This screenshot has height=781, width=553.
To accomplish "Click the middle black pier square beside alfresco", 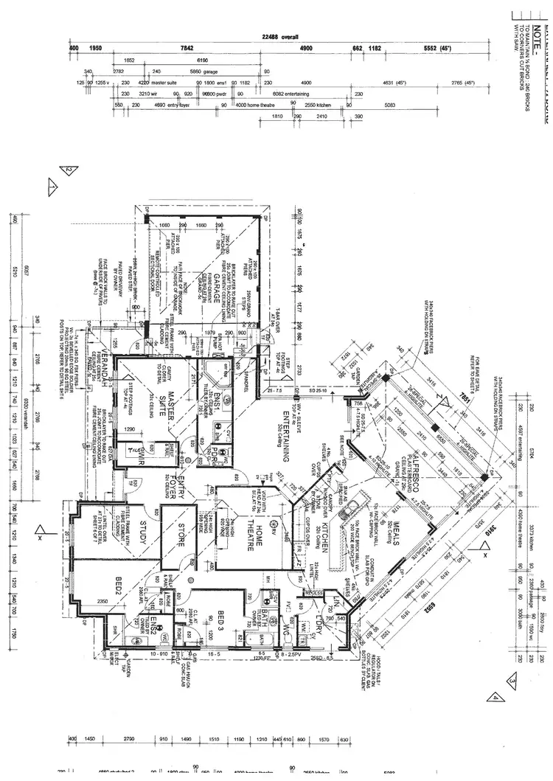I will (x=436, y=428).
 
